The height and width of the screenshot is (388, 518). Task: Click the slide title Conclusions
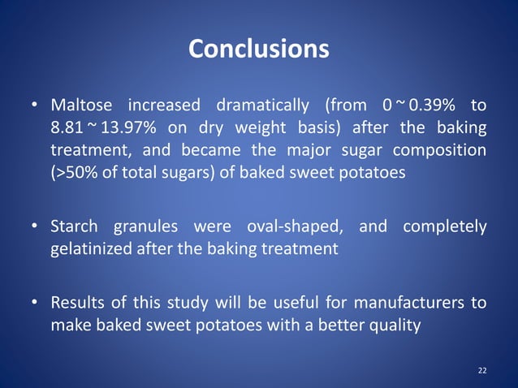pyautogui.click(x=258, y=50)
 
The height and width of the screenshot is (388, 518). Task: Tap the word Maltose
pyautogui.click(x=80, y=106)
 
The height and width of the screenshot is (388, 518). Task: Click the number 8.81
pyautogui.click(x=66, y=128)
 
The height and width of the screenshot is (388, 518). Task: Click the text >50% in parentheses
pyautogui.click(x=73, y=174)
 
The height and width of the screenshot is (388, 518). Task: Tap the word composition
pyautogui.click(x=442, y=151)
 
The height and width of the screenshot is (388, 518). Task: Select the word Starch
pyautogui.click(x=74, y=226)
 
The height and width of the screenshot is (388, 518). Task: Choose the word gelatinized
pyautogui.click(x=91, y=249)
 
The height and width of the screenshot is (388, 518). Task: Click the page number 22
pyautogui.click(x=482, y=370)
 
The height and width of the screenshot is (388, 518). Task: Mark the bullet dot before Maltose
pyautogui.click(x=37, y=106)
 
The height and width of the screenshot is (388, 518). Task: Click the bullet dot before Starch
pyautogui.click(x=37, y=227)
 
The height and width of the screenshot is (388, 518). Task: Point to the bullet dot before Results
pyautogui.click(x=37, y=304)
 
